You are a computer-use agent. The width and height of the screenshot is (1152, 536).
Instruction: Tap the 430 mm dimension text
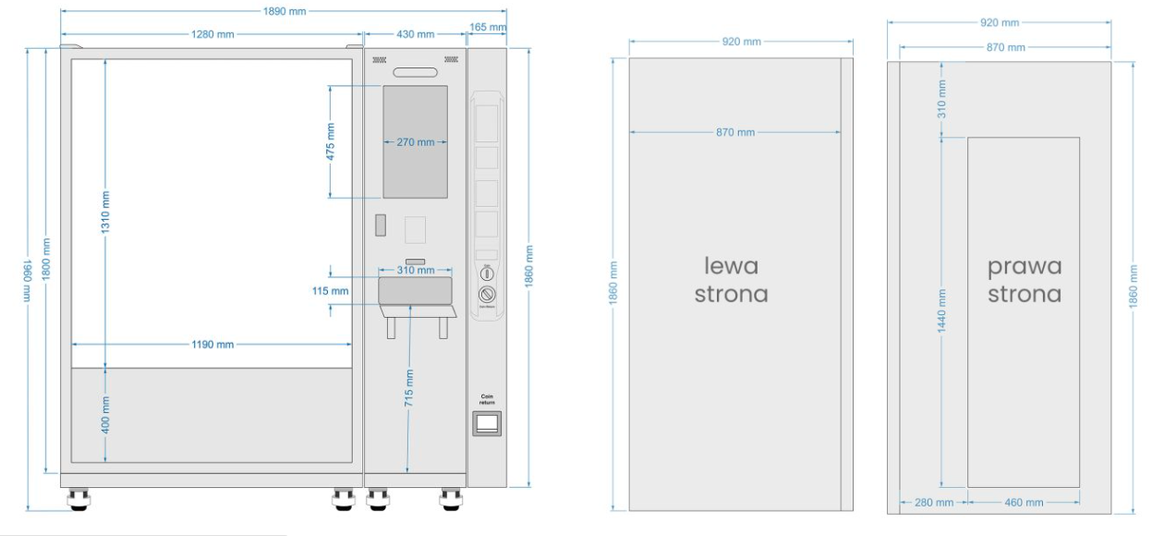tap(415, 34)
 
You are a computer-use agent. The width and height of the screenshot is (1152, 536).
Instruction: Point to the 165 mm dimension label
tap(487, 29)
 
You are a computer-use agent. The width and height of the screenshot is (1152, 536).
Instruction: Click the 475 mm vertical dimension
tap(331, 141)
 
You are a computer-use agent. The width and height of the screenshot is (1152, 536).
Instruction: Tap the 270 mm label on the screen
tap(415, 142)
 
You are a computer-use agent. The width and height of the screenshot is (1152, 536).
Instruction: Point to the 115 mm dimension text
tap(330, 290)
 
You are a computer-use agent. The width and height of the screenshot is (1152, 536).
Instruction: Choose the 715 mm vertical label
tap(408, 388)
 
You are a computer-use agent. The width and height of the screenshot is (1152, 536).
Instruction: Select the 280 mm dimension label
tap(933, 503)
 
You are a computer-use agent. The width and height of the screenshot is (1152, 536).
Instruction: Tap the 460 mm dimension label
tap(1024, 503)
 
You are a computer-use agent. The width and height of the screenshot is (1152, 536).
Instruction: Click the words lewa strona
tap(732, 280)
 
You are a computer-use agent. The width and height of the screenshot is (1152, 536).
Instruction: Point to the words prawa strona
tap(1024, 280)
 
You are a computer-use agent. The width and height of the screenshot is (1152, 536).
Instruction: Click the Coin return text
tap(487, 399)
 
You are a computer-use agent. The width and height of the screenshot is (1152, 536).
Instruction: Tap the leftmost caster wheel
tap(79, 500)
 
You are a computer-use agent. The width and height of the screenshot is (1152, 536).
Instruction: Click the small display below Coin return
tap(487, 422)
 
